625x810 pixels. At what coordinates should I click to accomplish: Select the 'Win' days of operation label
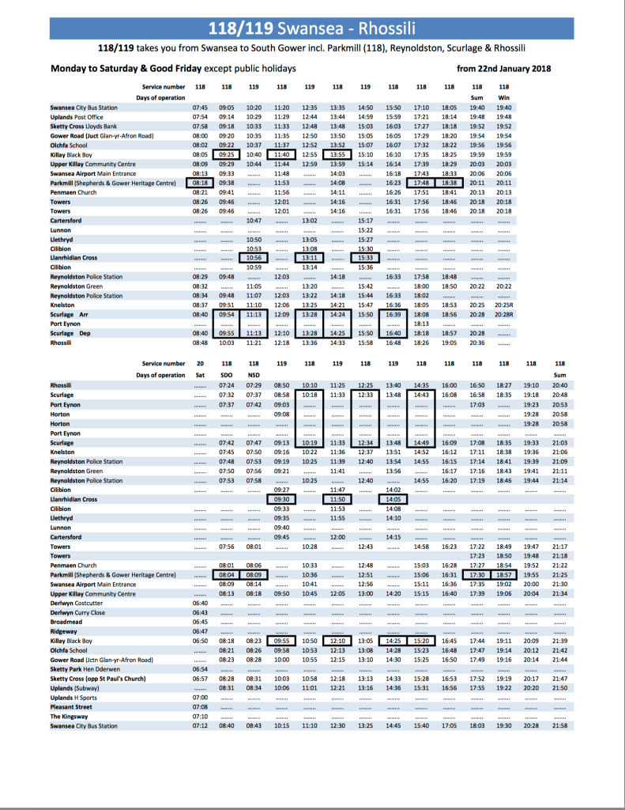[504, 97]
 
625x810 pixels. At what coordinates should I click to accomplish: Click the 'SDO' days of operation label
[227, 374]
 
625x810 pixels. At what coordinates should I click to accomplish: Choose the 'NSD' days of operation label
[254, 374]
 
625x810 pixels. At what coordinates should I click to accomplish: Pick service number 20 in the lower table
[200, 363]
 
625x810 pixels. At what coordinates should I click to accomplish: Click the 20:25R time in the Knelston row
[504, 304]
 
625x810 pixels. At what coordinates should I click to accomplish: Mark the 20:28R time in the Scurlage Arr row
[504, 314]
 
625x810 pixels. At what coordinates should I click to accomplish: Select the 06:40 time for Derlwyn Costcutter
[200, 603]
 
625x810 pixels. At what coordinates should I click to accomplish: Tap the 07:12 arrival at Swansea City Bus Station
[200, 725]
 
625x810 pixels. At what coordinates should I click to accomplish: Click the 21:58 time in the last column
[561, 725]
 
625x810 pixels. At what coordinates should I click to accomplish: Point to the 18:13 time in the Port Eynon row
[421, 324]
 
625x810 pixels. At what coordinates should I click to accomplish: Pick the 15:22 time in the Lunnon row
[365, 229]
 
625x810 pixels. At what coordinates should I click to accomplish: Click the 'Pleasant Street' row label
[71, 706]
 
